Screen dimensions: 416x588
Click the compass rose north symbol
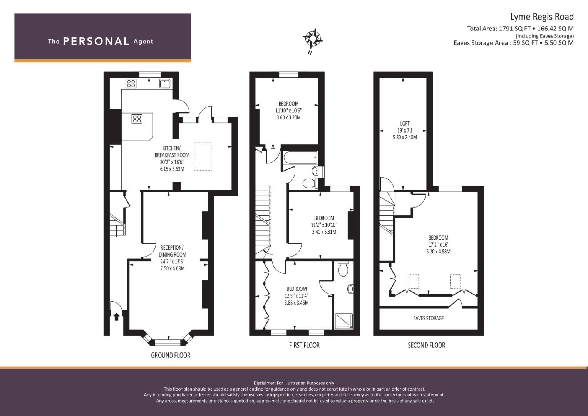pos(312,38)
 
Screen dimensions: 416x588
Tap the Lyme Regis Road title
pos(541,17)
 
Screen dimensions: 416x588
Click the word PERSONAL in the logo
pos(96,41)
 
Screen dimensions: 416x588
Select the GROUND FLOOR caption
pos(170,355)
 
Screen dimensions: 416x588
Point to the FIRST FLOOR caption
pos(304,345)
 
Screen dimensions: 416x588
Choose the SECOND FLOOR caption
pos(426,345)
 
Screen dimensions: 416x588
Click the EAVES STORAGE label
pos(428,318)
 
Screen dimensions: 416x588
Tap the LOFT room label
pos(405,124)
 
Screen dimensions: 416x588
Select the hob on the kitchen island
pos(137,119)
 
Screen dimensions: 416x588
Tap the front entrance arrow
pos(116,317)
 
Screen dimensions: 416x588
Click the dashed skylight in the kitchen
pos(203,156)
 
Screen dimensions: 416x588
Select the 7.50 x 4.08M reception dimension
pos(173,268)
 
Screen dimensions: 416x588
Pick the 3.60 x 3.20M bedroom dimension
pos(288,117)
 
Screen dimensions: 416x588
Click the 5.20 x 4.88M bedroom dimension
pos(438,252)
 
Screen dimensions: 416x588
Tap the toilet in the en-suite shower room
pos(342,268)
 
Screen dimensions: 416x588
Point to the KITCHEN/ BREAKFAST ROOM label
pos(172,152)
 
